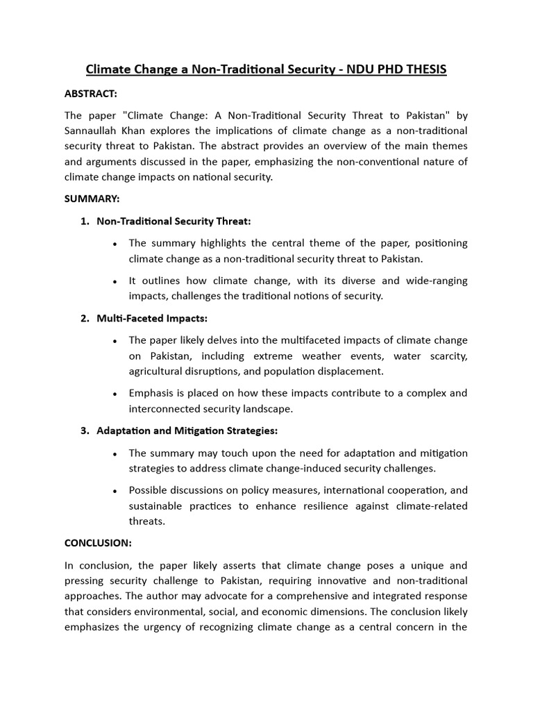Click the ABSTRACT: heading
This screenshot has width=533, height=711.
(x=92, y=93)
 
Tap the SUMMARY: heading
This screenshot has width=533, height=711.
(x=92, y=199)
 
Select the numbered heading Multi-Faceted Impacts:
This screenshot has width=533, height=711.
(x=152, y=318)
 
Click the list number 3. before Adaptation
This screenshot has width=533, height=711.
(x=85, y=430)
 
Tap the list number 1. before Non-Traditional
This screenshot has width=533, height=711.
(x=85, y=221)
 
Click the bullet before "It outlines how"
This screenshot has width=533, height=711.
(x=114, y=281)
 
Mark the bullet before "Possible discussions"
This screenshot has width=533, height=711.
(x=114, y=491)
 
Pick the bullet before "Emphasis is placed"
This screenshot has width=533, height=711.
(x=114, y=394)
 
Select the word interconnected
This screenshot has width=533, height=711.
(x=164, y=408)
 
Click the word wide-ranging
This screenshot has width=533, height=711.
(x=437, y=281)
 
